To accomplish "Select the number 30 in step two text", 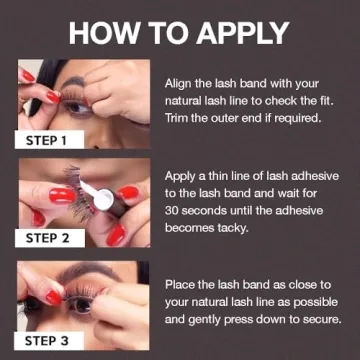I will point(172,210).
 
